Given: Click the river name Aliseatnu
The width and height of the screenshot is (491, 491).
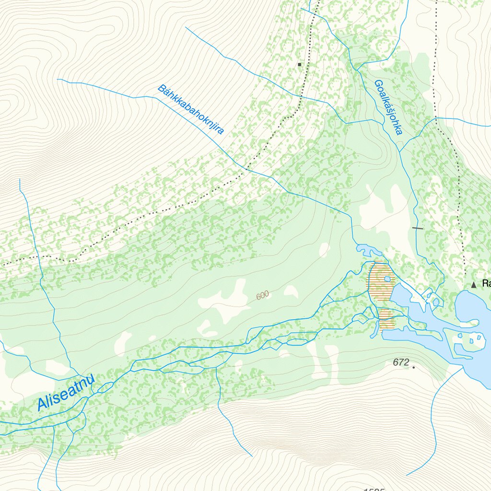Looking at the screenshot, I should click(x=66, y=394).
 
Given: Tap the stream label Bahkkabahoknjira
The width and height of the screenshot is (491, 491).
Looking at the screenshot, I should click(x=191, y=110).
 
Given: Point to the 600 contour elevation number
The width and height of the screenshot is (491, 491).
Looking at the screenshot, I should click(x=262, y=296).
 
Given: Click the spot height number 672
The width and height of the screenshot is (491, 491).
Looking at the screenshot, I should click(x=400, y=362).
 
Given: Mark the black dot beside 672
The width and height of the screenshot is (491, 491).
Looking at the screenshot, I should click(x=413, y=368).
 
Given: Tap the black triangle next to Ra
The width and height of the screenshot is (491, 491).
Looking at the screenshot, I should click(x=474, y=285).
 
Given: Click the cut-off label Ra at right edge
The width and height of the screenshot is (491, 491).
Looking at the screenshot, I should click(x=486, y=284).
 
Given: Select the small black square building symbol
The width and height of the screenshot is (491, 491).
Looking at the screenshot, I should click(x=300, y=64).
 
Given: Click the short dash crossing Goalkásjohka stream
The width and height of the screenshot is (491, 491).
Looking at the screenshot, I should click(x=418, y=228).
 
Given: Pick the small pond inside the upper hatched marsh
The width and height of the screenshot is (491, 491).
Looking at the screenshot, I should click(x=387, y=279).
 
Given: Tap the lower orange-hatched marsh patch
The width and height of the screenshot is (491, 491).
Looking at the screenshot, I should click(x=386, y=319).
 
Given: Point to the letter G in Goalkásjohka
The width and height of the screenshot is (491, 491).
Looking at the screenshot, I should click(x=377, y=84).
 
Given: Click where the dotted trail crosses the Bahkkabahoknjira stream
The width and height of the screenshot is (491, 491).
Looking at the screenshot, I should click(x=246, y=169).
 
